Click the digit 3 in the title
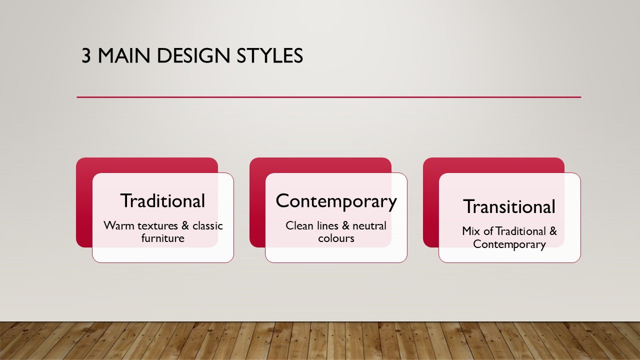click(86, 55)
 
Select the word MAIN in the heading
click(124, 55)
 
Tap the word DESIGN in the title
click(193, 55)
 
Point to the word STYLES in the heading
click(269, 55)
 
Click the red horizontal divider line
click(329, 97)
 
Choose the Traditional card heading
click(162, 200)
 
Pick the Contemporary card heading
click(336, 201)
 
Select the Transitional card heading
click(509, 206)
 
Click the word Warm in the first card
click(119, 225)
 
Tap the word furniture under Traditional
click(163, 238)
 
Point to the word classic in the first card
click(207, 225)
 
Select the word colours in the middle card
click(336, 238)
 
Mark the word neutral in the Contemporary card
click(369, 225)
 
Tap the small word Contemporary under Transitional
click(509, 244)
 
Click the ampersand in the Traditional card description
click(185, 225)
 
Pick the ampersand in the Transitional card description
click(553, 231)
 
